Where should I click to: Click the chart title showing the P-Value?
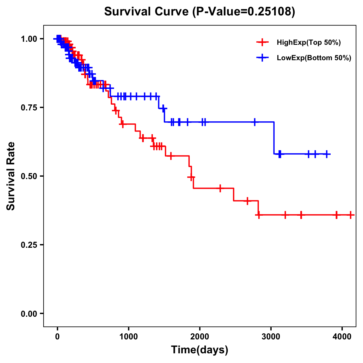(x=199, y=12)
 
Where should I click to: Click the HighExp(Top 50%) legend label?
(x=309, y=43)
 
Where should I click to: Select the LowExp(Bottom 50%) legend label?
(x=314, y=58)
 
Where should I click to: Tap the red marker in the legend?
(x=262, y=42)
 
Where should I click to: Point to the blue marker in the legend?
(x=262, y=58)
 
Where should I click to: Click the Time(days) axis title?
(x=200, y=350)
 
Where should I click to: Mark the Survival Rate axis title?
(x=11, y=176)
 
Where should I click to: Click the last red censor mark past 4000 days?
(x=350, y=215)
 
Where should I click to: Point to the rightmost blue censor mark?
(x=327, y=154)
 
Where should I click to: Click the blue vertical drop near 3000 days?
(x=274, y=138)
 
